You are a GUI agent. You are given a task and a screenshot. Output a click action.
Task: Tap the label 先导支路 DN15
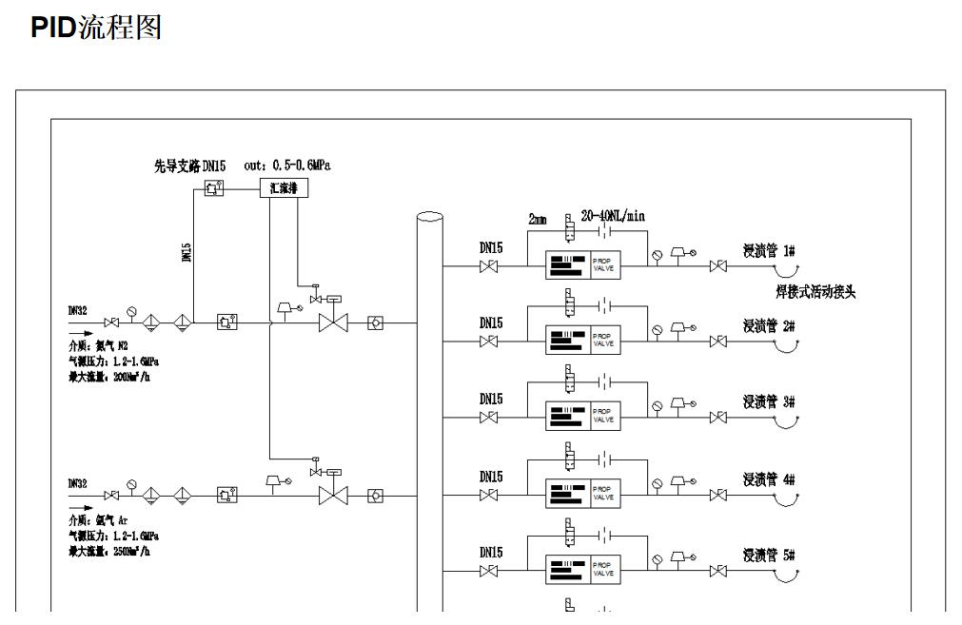point(189,166)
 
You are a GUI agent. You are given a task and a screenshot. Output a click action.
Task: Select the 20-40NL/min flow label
point(612,216)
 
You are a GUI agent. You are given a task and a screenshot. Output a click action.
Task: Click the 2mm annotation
point(538,218)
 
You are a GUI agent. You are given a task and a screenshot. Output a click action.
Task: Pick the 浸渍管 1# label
point(769,251)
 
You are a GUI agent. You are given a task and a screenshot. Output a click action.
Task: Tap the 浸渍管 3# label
point(769,402)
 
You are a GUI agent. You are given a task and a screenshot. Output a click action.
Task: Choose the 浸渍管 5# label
point(769,556)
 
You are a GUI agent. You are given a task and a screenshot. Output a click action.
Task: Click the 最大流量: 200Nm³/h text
point(106,378)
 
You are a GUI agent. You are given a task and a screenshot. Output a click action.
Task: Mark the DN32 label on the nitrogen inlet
point(77,310)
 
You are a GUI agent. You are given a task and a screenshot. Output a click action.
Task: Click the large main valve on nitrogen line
point(333,323)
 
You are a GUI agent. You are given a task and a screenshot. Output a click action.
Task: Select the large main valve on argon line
point(333,496)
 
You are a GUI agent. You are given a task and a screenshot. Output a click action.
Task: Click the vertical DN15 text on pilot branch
point(187,251)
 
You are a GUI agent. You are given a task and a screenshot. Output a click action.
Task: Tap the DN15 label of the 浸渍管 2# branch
point(491,323)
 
